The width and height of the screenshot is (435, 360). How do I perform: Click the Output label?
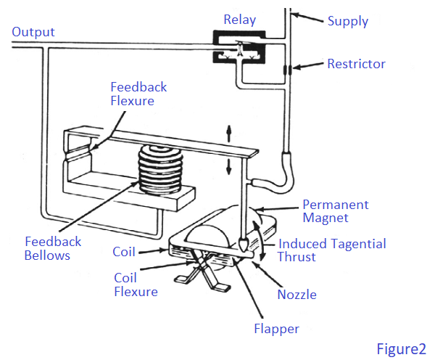[33, 33]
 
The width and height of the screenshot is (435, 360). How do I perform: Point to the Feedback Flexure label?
[138, 94]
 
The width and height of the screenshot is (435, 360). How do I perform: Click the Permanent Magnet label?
[335, 210]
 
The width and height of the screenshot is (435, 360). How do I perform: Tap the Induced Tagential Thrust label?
[332, 250]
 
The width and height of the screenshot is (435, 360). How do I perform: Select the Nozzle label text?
[297, 295]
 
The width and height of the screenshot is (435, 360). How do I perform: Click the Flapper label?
[276, 329]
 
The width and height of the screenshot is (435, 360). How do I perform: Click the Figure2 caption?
[401, 349]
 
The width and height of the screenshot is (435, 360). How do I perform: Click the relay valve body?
[239, 46]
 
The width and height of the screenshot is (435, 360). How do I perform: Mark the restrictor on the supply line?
[289, 70]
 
